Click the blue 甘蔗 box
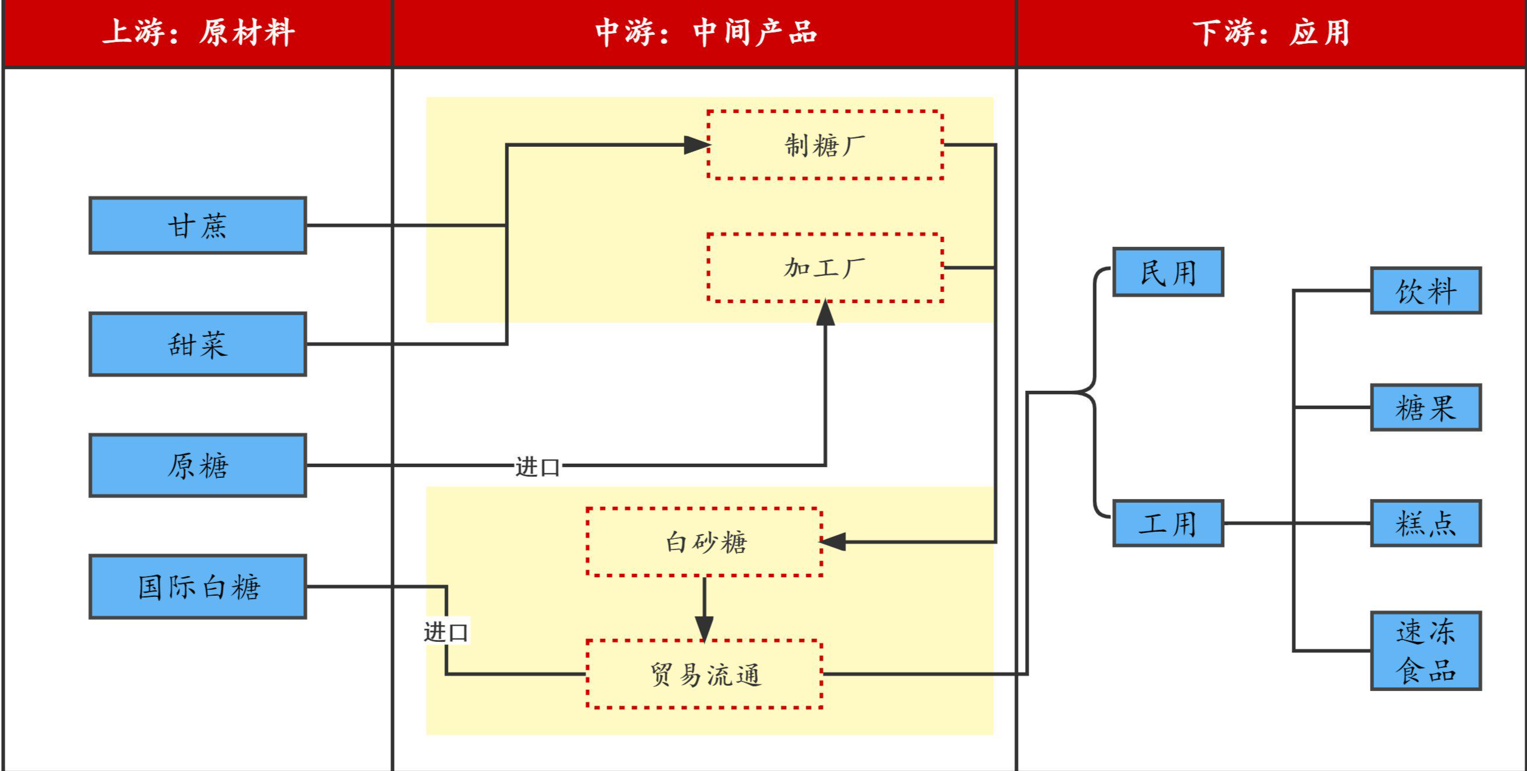point(197,226)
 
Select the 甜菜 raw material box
point(197,344)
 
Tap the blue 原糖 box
point(197,465)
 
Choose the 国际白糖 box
point(197,587)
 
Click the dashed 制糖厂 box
point(825,145)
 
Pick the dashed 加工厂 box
point(825,268)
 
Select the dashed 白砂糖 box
point(704,542)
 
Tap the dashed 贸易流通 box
point(704,674)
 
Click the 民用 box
point(1168,272)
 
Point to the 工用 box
point(1168,523)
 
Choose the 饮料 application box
point(1426,290)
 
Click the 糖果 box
point(1426,407)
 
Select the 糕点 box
point(1426,523)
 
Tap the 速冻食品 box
point(1426,651)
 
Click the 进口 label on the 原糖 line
point(537,467)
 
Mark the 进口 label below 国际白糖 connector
point(446,632)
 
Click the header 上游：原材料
point(198,32)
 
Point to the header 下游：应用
point(1272,32)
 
